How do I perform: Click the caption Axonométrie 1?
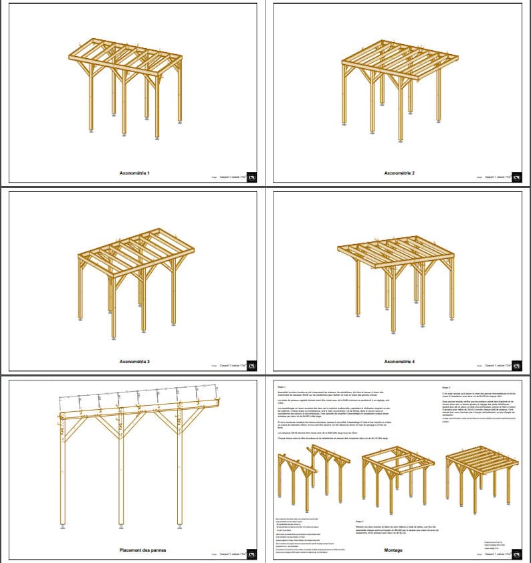click(134, 173)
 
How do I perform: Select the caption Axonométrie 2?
click(399, 173)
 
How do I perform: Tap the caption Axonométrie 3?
click(134, 362)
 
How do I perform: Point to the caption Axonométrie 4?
click(399, 362)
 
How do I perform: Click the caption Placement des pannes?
click(142, 550)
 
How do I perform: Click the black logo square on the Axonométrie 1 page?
click(251, 178)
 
